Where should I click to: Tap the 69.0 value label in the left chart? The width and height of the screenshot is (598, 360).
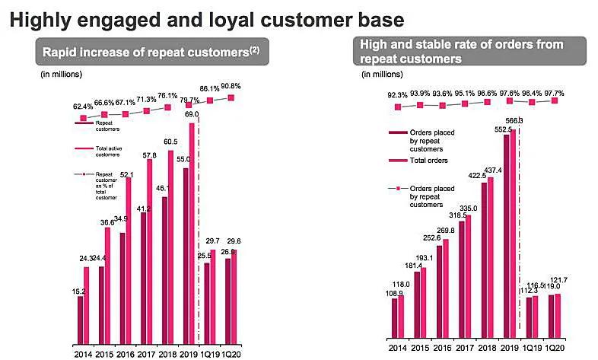[192, 115]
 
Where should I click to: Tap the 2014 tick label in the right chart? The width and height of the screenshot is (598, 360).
[398, 352]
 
